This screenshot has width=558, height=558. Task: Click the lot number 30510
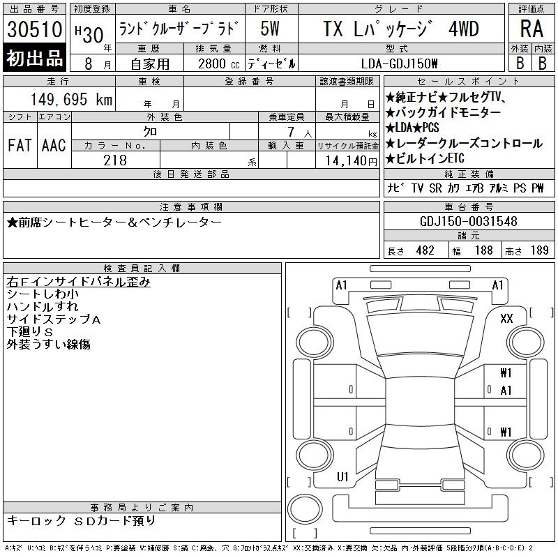tap(34, 29)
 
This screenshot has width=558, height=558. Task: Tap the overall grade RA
tap(531, 29)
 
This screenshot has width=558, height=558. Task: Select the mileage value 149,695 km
tap(72, 99)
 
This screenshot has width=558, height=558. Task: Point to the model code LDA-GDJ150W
tap(399, 64)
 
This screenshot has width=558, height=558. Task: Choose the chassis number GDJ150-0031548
tap(469, 221)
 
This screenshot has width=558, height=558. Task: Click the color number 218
tap(115, 160)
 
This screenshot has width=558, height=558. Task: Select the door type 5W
tap(270, 29)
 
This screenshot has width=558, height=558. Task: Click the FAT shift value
tap(20, 145)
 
